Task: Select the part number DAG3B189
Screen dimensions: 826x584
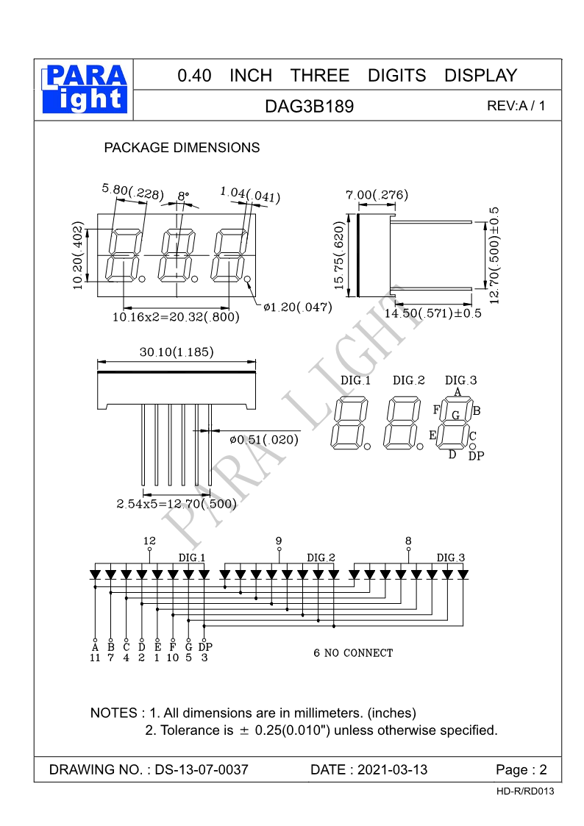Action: coord(310,107)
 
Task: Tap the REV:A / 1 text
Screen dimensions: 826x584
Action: coord(516,106)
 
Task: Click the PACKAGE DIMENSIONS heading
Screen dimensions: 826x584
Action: coord(182,148)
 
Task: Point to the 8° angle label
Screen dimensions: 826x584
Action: coord(183,196)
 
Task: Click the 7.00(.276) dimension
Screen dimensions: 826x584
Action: coord(377,195)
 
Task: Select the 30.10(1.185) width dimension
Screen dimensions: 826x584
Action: coord(177,352)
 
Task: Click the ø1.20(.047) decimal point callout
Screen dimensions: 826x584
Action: coord(297,307)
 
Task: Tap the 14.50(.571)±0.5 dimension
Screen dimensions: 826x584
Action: coord(433,313)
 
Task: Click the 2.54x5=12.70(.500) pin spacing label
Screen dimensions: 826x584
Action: coord(177,504)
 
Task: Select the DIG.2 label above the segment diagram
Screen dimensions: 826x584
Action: coord(409,380)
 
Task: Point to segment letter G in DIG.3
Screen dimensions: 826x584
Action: coord(456,416)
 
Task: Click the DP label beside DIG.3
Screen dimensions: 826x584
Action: coord(476,456)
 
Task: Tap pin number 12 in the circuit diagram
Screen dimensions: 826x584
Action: coord(150,541)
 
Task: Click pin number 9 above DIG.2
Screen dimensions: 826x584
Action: coord(279,541)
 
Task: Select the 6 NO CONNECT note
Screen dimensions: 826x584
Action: coord(353,652)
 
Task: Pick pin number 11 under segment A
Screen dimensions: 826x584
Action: coord(95,658)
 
